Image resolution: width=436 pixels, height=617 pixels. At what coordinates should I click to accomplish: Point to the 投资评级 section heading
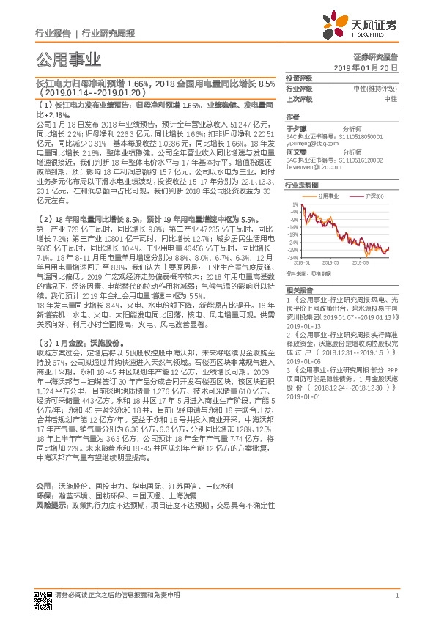(298, 78)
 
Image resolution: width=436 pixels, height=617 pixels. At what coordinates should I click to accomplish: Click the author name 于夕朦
(295, 128)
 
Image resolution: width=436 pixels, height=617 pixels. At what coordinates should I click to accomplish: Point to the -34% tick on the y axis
(292, 257)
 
